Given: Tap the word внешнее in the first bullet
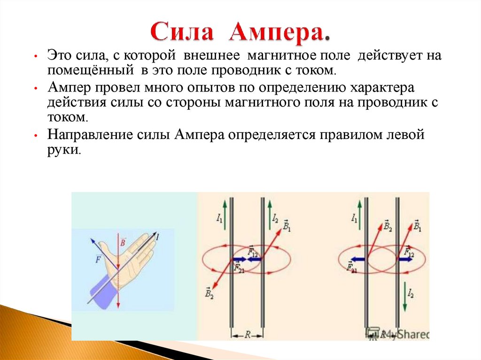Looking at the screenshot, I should click(211, 56).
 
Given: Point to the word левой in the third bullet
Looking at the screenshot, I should click(405, 135).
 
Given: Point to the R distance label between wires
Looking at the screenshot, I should click(247, 335).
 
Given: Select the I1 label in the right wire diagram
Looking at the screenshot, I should click(354, 217).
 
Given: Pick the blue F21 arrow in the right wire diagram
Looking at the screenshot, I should click(357, 258).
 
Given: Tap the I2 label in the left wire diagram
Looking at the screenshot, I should click(275, 217).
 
